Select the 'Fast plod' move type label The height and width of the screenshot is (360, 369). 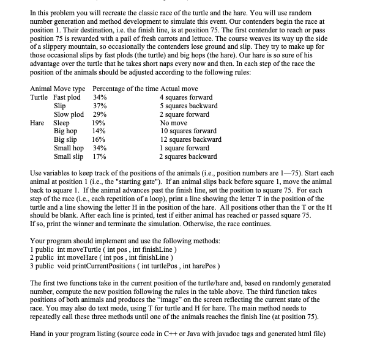(x=67, y=98)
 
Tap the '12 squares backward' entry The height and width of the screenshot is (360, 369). (x=190, y=139)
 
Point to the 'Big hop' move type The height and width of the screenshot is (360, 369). (x=65, y=131)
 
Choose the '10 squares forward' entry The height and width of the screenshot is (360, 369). (x=188, y=131)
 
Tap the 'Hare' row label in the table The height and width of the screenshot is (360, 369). (x=39, y=122)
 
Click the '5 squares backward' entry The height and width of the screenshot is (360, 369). (x=188, y=106)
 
